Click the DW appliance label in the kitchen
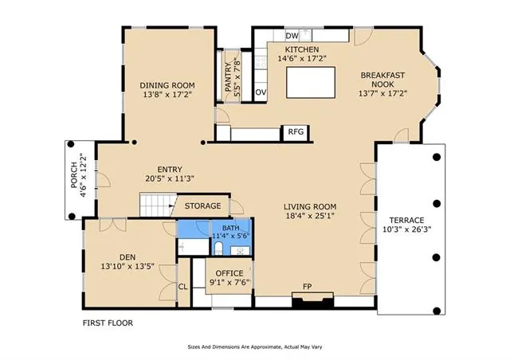pyautogui.click(x=292, y=36)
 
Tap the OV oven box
pyautogui.click(x=261, y=92)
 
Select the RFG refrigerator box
pyautogui.click(x=296, y=132)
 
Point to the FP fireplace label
pyautogui.click(x=308, y=287)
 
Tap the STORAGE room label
pyautogui.click(x=203, y=206)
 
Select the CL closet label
pyautogui.click(x=182, y=287)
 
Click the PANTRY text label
pyautogui.click(x=228, y=81)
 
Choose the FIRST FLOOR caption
pyautogui.click(x=108, y=323)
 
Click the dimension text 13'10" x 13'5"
pyautogui.click(x=127, y=268)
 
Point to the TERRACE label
pyautogui.click(x=406, y=220)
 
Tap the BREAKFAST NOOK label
pyautogui.click(x=383, y=80)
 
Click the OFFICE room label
pyautogui.click(x=229, y=273)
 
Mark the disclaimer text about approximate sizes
pyautogui.click(x=254, y=347)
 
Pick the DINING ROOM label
pyautogui.click(x=167, y=85)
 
